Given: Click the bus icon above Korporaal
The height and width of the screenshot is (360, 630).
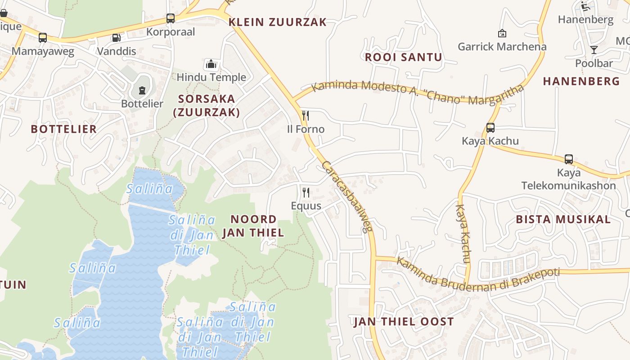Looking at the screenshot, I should click(x=170, y=18).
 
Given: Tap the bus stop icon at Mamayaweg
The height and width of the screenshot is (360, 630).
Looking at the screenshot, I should click(x=43, y=38).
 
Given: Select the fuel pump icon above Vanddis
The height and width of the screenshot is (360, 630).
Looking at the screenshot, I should click(x=116, y=38).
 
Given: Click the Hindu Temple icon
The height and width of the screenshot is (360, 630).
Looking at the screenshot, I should click(x=211, y=64).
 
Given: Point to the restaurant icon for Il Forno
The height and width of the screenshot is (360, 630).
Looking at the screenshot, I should click(x=306, y=116).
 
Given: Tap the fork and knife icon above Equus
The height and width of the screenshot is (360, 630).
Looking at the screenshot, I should click(x=306, y=193).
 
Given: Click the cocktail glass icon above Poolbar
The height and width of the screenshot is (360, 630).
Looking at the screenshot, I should click(x=594, y=50).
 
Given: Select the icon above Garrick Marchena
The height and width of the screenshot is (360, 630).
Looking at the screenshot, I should click(x=502, y=33).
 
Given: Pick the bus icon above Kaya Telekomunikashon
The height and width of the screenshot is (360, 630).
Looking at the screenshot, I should click(x=569, y=159).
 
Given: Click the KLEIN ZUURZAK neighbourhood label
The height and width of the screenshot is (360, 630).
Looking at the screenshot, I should click(x=277, y=22).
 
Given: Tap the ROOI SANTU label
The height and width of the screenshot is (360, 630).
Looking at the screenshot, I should click(x=403, y=57).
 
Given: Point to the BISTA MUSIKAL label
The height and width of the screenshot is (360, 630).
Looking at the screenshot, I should click(x=563, y=220).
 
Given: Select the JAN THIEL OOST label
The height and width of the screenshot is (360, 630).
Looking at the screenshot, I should click(x=404, y=322).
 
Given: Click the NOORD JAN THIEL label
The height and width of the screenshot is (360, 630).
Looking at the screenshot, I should click(x=253, y=226).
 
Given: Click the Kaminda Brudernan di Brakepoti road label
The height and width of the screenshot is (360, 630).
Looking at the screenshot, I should click(x=477, y=276).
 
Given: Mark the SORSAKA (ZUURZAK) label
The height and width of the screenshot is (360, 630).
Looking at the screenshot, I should click(x=207, y=105).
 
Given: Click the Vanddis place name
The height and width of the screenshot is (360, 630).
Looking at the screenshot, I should click(x=117, y=51).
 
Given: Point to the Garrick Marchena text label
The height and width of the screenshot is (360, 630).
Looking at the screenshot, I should click(x=502, y=46).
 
